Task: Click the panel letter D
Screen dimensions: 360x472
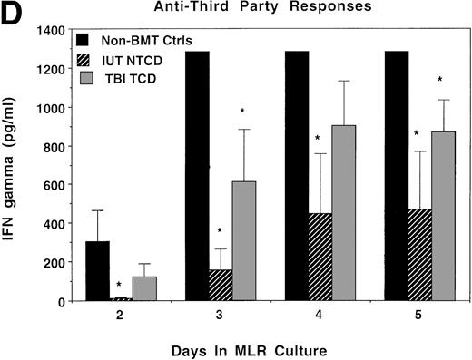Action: coord(14,15)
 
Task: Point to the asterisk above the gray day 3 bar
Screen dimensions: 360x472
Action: coord(243,111)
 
